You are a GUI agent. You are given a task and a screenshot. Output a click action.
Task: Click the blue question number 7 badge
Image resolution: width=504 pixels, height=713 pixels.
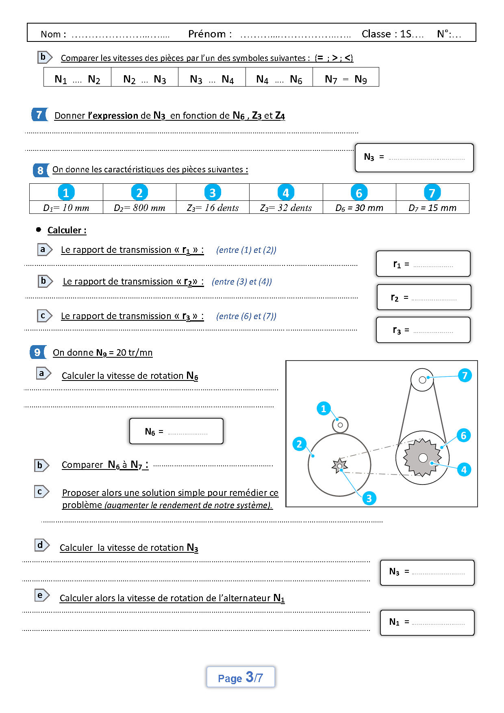pos(39,115)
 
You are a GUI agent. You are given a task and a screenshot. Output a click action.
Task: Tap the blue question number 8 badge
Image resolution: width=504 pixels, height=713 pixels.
pos(40,170)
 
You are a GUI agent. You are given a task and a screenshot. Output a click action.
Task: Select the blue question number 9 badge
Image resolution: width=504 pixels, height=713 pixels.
pos(37,352)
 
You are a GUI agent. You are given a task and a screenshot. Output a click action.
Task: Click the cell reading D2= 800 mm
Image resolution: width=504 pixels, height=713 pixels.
pos(139,208)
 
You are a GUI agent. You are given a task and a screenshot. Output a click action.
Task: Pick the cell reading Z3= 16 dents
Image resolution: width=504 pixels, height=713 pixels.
pos(213,208)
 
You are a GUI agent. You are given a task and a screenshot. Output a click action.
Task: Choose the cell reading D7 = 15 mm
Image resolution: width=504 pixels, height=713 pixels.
pos(432,208)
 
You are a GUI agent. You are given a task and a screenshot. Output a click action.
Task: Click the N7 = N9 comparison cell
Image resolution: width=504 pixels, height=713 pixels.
pos(346,79)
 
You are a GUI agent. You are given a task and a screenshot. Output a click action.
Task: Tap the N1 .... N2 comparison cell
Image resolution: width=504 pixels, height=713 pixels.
pos(77,79)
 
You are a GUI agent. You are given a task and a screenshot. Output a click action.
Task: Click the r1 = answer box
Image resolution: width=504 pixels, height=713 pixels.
pos(423,264)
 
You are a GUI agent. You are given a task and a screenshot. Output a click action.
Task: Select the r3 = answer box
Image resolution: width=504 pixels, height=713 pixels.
pos(423,330)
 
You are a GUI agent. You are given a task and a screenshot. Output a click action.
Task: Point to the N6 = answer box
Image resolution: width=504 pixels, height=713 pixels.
pos(176,431)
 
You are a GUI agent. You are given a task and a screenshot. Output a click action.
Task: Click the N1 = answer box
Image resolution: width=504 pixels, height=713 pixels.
pos(427,622)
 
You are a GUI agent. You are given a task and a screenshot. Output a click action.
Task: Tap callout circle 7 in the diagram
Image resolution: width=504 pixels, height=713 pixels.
pos(465,375)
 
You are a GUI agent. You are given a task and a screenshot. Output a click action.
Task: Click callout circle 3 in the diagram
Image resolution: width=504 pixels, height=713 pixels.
pos(369,498)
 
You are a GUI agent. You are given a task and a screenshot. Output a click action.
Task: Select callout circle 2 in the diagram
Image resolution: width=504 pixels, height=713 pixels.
pos(299,443)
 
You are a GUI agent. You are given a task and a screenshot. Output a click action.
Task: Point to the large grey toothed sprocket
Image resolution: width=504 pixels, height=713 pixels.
pos(423,458)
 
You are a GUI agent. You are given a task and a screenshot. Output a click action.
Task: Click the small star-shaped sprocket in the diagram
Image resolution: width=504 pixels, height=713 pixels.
pos(339,466)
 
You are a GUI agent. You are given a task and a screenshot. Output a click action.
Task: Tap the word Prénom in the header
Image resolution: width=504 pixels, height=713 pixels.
pos(207,34)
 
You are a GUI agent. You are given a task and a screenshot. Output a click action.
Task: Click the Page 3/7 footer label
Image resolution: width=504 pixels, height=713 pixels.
pos(240,677)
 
